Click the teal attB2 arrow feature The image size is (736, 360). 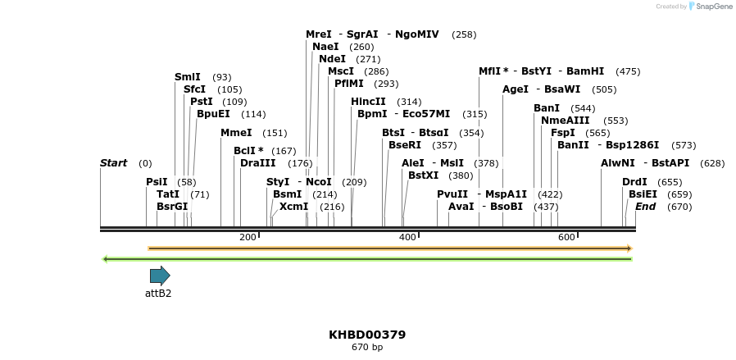pos(160,276)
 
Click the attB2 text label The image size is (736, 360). pos(158,293)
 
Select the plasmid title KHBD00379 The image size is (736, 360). pos(367,335)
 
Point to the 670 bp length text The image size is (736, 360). pos(367,348)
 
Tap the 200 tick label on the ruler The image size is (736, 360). pos(248,237)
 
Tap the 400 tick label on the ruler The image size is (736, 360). pos(407,237)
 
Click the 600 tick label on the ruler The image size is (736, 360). pos(566,237)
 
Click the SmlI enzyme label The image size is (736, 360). pos(188,77)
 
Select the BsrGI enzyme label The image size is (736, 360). pos(172,207)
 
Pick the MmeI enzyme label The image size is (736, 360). pos(236,133)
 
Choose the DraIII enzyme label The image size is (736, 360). pos(258,163)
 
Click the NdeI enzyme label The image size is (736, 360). pos(332,59)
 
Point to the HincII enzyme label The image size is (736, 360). pos(368,102)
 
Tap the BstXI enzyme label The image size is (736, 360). pos(424,175)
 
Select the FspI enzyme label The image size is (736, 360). pos(563,133)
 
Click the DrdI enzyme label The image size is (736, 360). pos(634,182)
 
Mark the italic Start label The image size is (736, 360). pos(113,163)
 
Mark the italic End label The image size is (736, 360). pos(645,207)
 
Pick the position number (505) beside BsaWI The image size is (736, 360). pos(604,89)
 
